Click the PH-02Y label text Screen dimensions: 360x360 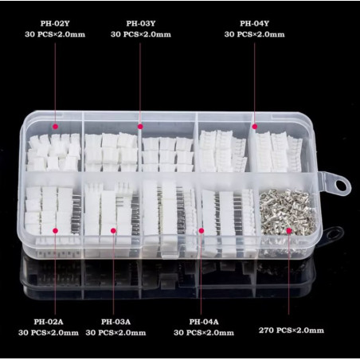pos(55,24)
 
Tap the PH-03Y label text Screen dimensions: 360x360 pos(141,24)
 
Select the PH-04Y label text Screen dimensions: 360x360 pos(254,24)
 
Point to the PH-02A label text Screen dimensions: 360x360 pos(49,322)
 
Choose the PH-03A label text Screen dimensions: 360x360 pos(115,322)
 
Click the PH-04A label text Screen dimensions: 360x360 pos(204,322)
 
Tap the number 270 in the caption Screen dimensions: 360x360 pos(266,331)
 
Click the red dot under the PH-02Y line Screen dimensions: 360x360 pos(55,127)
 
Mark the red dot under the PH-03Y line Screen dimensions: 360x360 pos(140,127)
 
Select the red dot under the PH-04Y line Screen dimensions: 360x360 pos(255,127)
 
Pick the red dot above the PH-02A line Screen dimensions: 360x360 pos(55,231)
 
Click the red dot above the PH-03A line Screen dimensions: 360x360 pos(113,231)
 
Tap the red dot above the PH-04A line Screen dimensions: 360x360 pos(202,231)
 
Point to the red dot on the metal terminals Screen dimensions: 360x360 pos(289,231)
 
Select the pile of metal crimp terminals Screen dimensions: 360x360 pos(288,213)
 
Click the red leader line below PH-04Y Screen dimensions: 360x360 pos(254,82)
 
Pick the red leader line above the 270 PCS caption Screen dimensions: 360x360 pos(289,274)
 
